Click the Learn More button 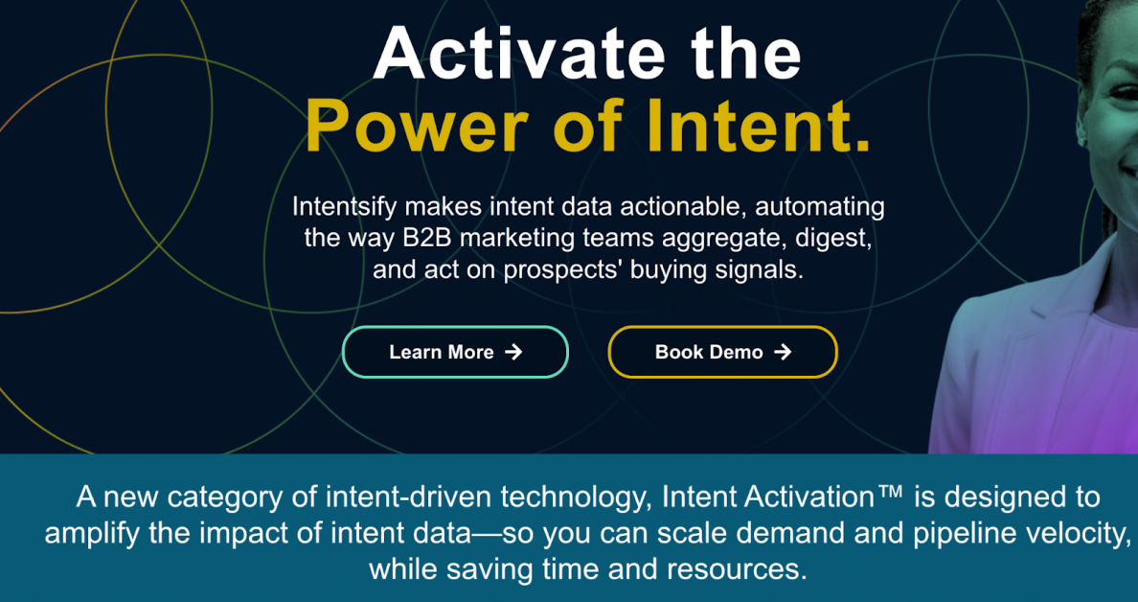tap(455, 352)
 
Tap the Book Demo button tap(723, 352)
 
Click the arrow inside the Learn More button tap(513, 352)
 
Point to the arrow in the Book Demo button tap(783, 352)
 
